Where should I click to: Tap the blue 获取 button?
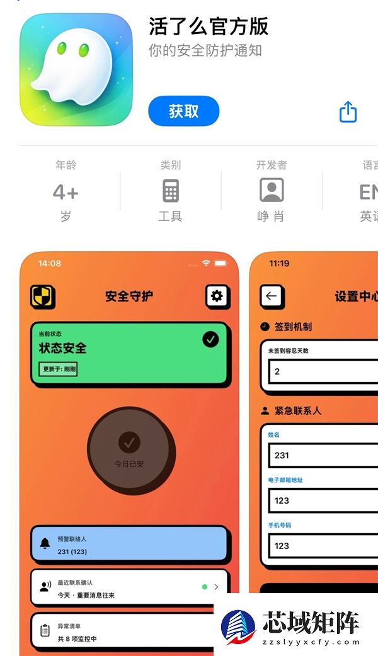coord(183,111)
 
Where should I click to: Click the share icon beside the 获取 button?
coord(348,112)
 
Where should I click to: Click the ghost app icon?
coord(76,69)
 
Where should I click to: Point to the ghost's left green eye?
coord(62,48)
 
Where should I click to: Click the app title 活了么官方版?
coord(209,26)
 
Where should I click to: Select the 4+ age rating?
coord(66,192)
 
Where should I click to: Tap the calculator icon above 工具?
coord(170,190)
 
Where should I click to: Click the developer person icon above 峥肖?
coord(272,190)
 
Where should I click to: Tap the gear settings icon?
coord(217,296)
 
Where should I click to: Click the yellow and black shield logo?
coord(43,297)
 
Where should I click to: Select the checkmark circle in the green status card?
coord(210,339)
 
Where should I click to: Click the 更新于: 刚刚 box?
coord(58,369)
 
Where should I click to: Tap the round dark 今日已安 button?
coord(130,450)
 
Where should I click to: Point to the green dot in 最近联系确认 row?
coord(204,587)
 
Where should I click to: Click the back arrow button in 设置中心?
coord(272,297)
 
